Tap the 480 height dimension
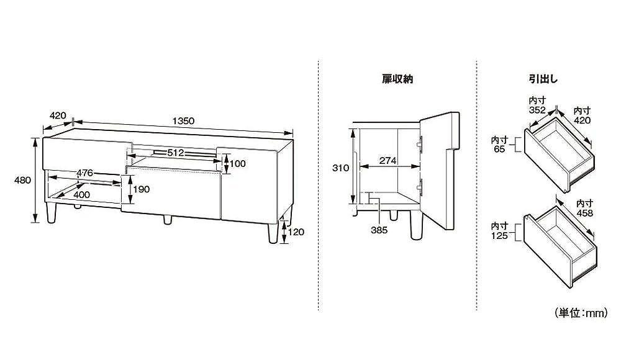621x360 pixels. pyautogui.click(x=22, y=181)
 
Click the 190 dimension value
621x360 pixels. pyautogui.click(x=142, y=190)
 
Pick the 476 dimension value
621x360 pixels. pyautogui.click(x=85, y=173)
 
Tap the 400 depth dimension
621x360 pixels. pyautogui.click(x=81, y=194)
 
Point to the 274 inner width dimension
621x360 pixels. pyautogui.click(x=388, y=161)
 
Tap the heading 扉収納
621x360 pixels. pyautogui.click(x=397, y=79)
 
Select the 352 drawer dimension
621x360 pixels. pyautogui.click(x=537, y=110)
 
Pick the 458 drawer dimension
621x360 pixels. pyautogui.click(x=585, y=213)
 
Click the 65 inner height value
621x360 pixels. pyautogui.click(x=500, y=150)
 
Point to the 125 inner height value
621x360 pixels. pyautogui.click(x=500, y=235)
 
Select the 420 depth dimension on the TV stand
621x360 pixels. pyautogui.click(x=58, y=115)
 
